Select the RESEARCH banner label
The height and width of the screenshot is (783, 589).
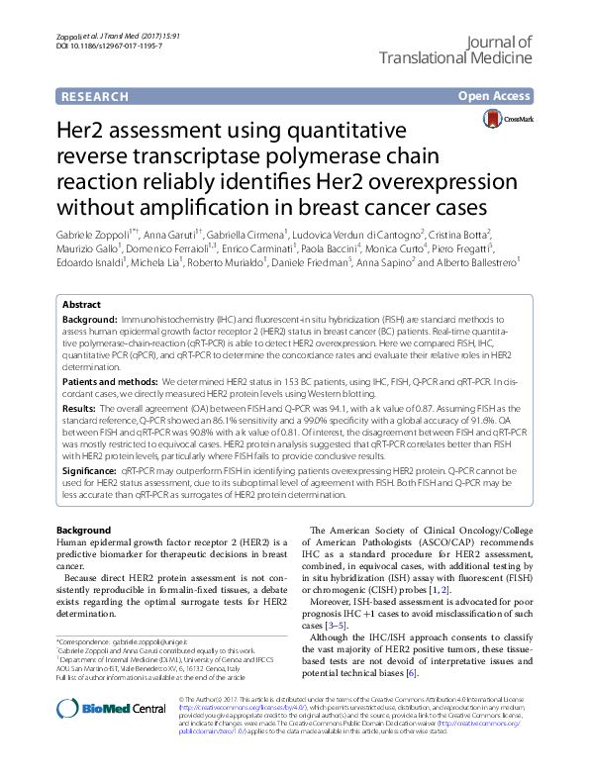coord(94,96)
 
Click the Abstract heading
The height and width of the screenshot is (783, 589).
coord(82,306)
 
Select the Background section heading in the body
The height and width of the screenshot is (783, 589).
coord(83,532)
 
